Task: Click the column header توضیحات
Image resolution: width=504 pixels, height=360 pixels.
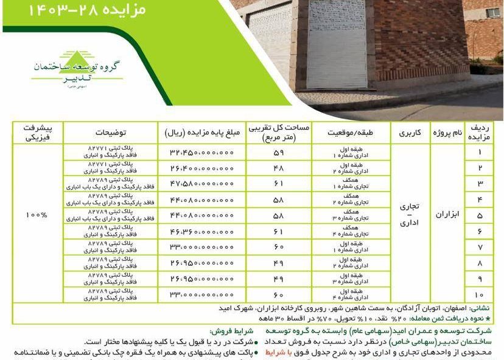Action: (111, 133)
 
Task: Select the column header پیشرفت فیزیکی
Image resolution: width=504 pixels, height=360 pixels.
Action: (37, 133)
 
